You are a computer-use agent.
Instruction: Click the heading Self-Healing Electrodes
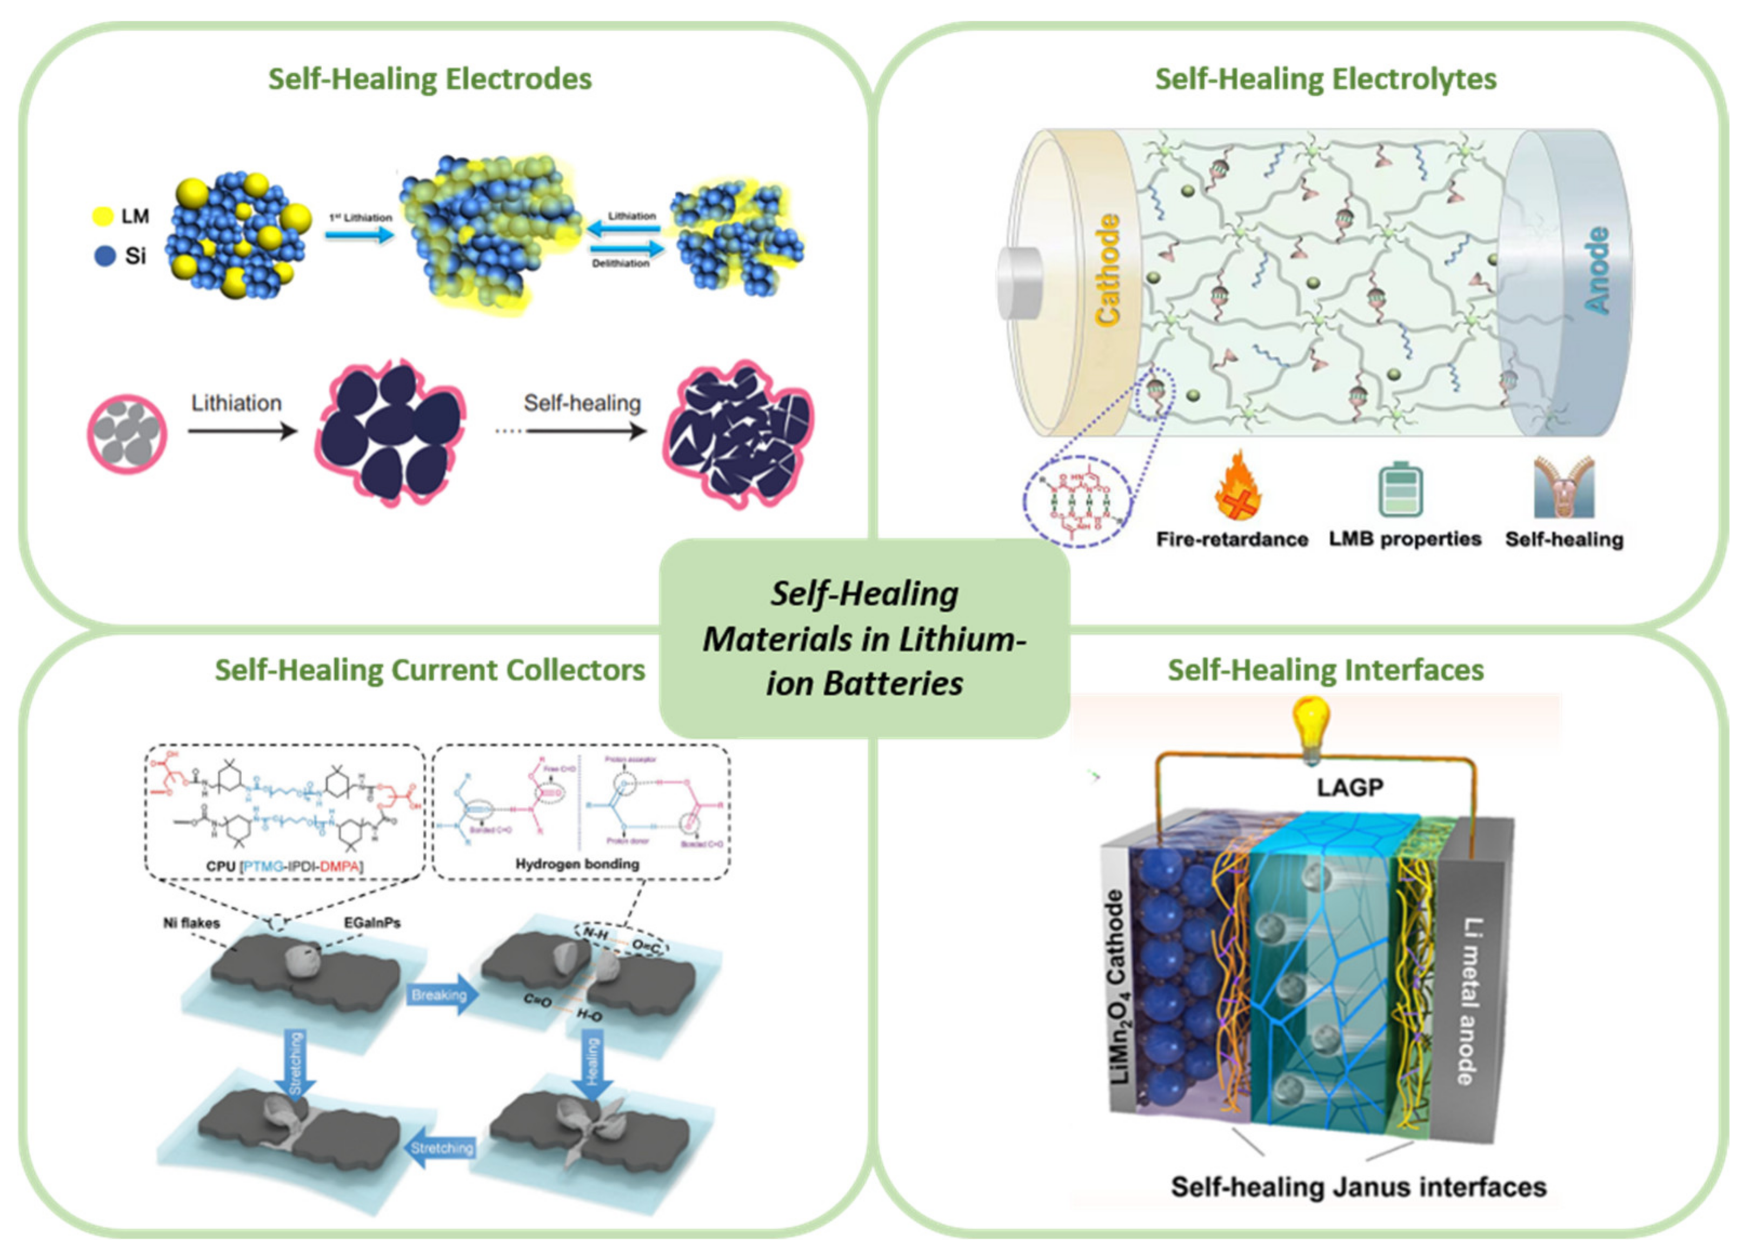(x=430, y=79)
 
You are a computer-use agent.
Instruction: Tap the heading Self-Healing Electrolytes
(x=1325, y=79)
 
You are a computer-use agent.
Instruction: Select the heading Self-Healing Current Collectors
(x=430, y=670)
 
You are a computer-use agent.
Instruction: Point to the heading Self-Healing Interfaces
(x=1325, y=670)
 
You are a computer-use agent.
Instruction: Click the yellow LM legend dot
(x=103, y=216)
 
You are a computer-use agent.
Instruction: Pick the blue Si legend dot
(x=104, y=255)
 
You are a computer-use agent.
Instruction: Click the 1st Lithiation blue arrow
(x=360, y=234)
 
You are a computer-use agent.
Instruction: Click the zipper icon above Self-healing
(x=1564, y=488)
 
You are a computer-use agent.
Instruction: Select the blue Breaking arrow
(x=441, y=995)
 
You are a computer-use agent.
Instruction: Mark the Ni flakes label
(x=191, y=922)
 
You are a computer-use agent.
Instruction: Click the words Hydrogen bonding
(x=577, y=864)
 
